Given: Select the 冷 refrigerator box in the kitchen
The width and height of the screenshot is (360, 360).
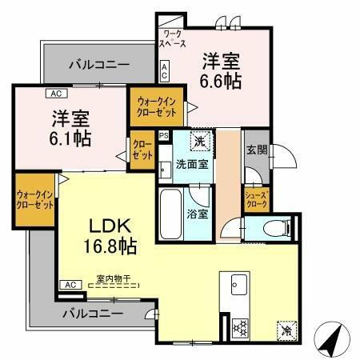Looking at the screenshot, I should pos(286,330).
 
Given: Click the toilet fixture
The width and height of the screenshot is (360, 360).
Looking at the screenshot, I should pos(272,229).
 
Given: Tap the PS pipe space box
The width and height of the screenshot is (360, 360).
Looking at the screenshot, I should pos(164,136).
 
